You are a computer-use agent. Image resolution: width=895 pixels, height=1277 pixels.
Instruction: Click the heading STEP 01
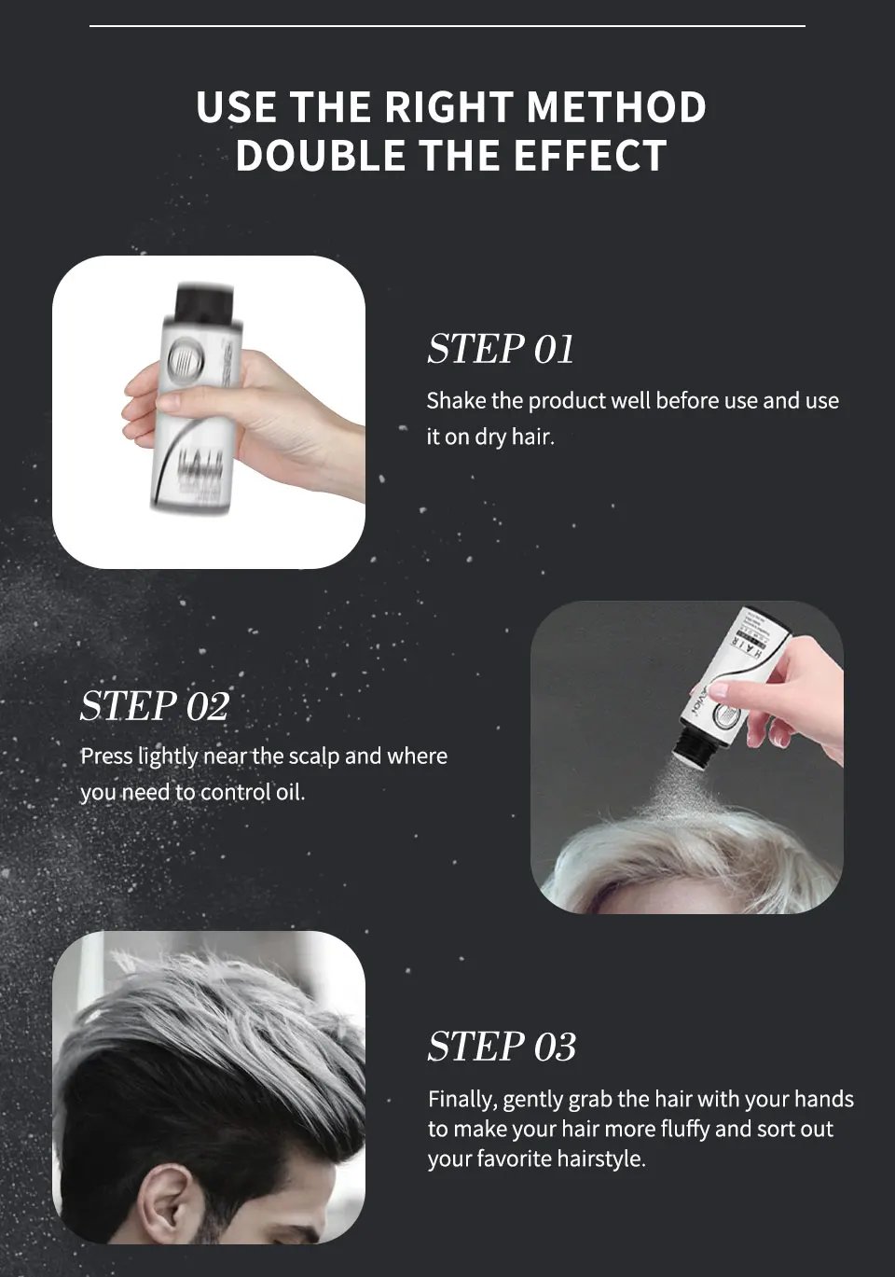click(x=501, y=349)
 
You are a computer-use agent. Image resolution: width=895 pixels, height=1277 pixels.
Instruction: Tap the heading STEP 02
click(x=154, y=706)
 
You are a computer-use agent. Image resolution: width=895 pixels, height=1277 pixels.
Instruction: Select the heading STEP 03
click(x=502, y=1047)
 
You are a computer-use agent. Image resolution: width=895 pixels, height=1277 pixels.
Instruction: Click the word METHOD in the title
click(x=616, y=107)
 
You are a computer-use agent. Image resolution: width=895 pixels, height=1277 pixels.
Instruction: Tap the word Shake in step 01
click(x=456, y=401)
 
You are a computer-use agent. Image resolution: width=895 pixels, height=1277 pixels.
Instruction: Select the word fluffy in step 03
click(x=685, y=1130)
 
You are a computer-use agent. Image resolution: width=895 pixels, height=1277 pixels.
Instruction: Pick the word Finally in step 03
click(x=461, y=1100)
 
